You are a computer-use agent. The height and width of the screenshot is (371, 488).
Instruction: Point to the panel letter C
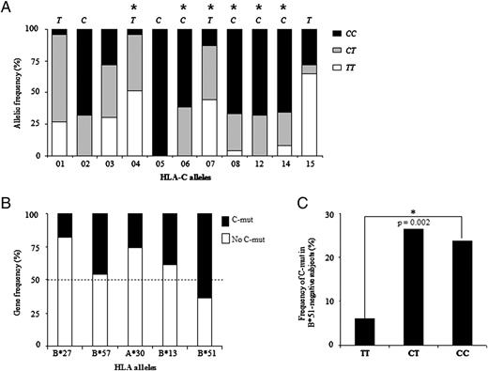point(326,200)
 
